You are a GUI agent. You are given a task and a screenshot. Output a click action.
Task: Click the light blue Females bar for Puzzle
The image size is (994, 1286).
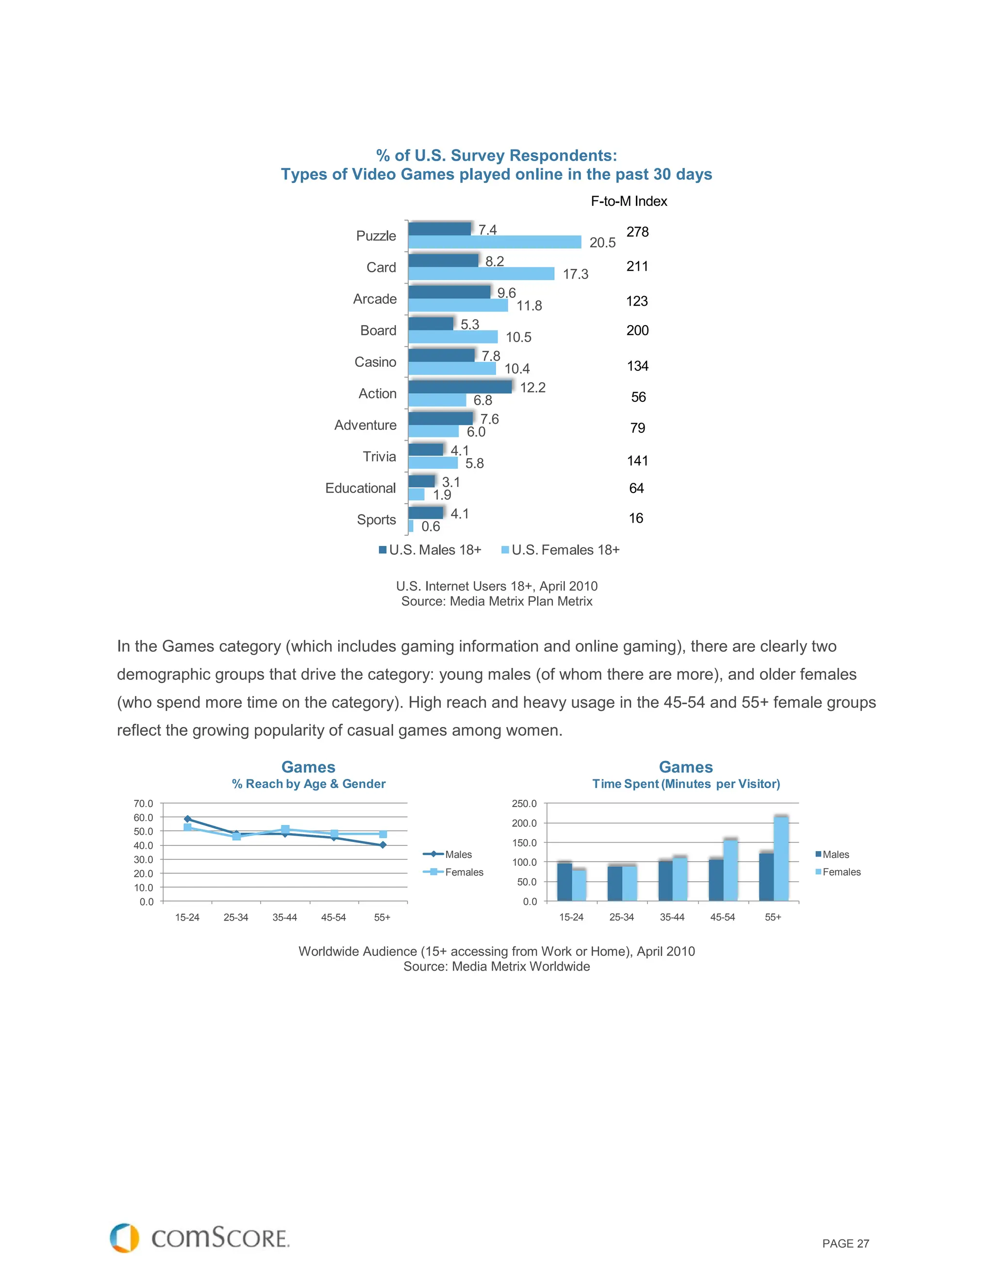pyautogui.click(x=494, y=242)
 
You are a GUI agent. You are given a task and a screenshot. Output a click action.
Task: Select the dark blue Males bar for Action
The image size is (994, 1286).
pyautogui.click(x=459, y=387)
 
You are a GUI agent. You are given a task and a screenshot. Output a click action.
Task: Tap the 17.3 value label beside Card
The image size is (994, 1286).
pyautogui.click(x=575, y=274)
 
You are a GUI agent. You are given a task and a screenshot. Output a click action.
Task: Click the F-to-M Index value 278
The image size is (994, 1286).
pyautogui.click(x=637, y=232)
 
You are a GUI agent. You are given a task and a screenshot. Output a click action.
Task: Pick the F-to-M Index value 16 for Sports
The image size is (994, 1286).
pyautogui.click(x=636, y=518)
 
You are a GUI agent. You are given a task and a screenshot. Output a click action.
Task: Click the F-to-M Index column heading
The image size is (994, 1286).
pyautogui.click(x=629, y=201)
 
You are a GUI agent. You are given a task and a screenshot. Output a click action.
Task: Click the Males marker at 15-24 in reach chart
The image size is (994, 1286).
pyautogui.click(x=187, y=819)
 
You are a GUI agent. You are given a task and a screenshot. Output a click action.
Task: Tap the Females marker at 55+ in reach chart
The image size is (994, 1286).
pyautogui.click(x=383, y=834)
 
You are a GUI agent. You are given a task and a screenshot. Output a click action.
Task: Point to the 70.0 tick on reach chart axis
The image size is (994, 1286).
pyautogui.click(x=143, y=804)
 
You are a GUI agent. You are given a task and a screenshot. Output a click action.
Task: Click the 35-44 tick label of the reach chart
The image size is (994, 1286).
pyautogui.click(x=284, y=917)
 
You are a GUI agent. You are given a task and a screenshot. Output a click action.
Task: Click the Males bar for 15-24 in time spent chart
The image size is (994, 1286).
pyautogui.click(x=564, y=881)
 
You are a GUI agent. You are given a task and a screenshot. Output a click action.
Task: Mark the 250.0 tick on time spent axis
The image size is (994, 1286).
pyautogui.click(x=524, y=804)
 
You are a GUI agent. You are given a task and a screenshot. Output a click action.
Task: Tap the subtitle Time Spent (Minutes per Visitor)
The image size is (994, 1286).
pyautogui.click(x=685, y=784)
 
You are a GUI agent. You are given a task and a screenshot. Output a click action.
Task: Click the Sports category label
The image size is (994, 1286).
pyautogui.click(x=376, y=520)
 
